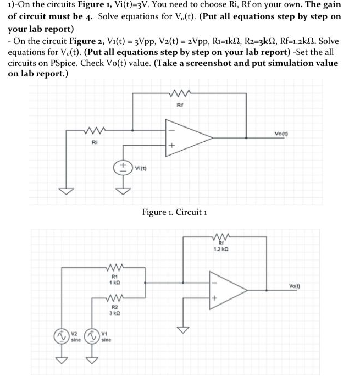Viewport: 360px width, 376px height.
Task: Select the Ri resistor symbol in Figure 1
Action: click(93, 132)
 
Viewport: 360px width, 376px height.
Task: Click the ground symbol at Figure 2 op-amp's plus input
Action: click(182, 328)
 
